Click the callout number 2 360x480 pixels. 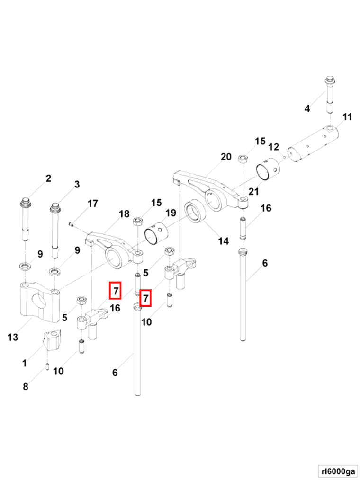click(48, 178)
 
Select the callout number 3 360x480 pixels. click(76, 184)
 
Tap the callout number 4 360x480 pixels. click(307, 108)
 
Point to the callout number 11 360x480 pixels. click(347, 116)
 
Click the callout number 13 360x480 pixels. click(13, 337)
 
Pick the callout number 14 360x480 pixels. click(223, 241)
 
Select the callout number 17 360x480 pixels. click(93, 204)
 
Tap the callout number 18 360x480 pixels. click(124, 214)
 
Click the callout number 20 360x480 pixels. click(226, 157)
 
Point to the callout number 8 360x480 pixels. click(26, 386)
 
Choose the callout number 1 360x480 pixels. click(24, 363)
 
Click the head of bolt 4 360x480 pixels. click(330, 80)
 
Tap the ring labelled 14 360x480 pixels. click(194, 212)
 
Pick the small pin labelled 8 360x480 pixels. click(48, 366)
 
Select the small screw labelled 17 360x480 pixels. click(70, 224)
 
